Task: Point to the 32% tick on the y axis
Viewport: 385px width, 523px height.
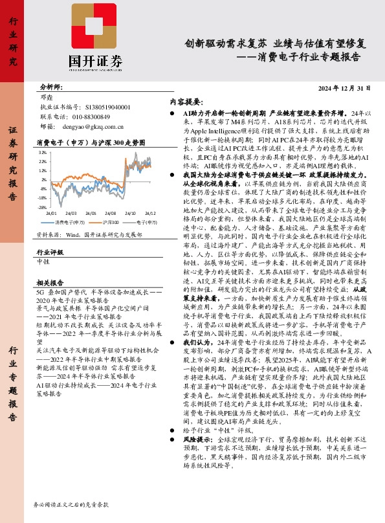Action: click(42, 153)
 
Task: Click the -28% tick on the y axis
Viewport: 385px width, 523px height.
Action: click(41, 208)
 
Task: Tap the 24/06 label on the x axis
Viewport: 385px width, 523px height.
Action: click(91, 212)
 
